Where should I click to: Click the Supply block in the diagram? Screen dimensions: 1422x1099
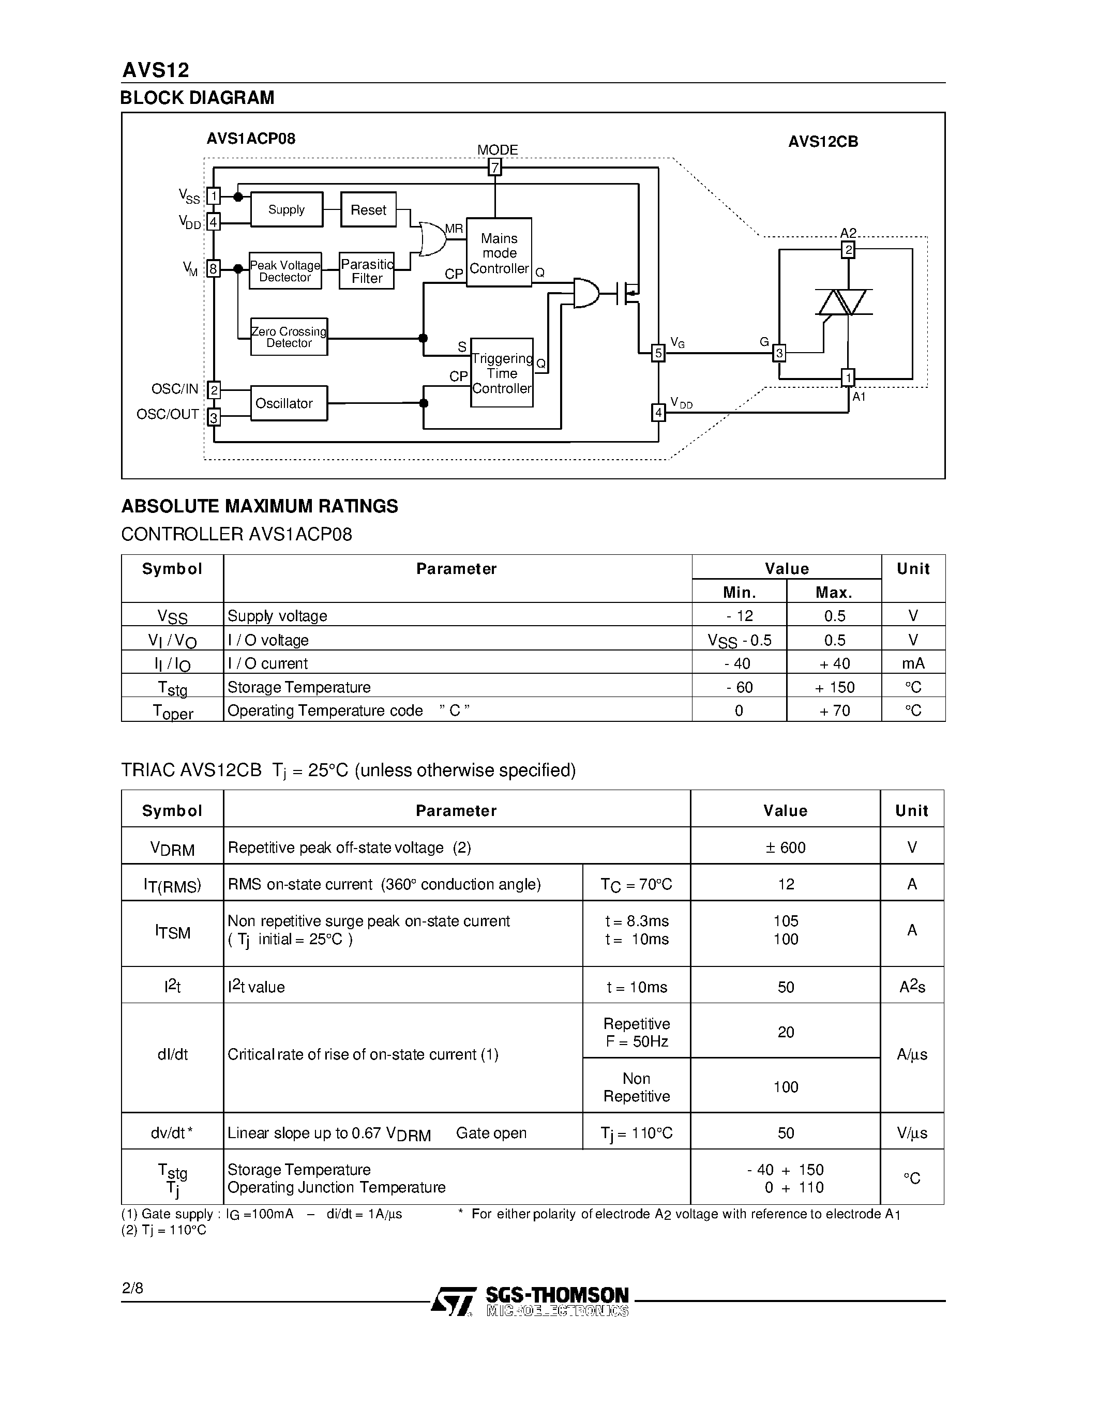pos(287,209)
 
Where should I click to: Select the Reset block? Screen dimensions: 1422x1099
pos(369,209)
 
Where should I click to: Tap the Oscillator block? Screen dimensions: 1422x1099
pos(289,403)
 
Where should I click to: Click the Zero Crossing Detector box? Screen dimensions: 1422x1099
pos(289,337)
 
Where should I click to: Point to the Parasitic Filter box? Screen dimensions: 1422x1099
pos(367,271)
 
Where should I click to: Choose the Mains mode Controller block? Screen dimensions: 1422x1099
pos(499,253)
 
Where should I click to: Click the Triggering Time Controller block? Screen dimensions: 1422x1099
pos(501,373)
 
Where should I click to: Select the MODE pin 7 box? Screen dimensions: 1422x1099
pos(495,168)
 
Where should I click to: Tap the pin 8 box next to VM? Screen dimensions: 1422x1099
pos(213,268)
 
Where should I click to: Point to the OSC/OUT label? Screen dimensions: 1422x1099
pos(168,414)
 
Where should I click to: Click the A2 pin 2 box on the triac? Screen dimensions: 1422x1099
pos(848,249)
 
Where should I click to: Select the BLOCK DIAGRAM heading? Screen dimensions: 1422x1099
pos(197,98)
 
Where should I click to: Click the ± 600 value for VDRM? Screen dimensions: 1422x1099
pos(785,847)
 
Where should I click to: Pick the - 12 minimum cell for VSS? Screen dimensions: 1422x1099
pos(739,615)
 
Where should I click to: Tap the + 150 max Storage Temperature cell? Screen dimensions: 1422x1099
pos(834,687)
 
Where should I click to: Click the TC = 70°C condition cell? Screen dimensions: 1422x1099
pos(636,884)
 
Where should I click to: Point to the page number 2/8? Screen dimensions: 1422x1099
pos(132,1288)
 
